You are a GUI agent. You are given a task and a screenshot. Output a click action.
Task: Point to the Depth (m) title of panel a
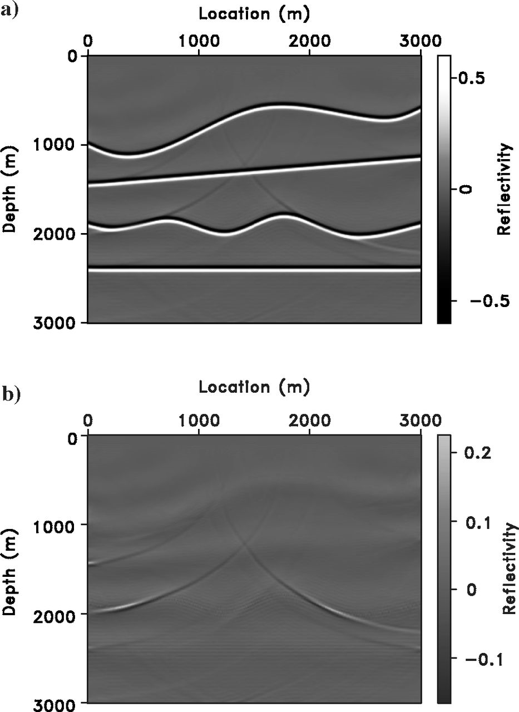pos(12,189)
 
